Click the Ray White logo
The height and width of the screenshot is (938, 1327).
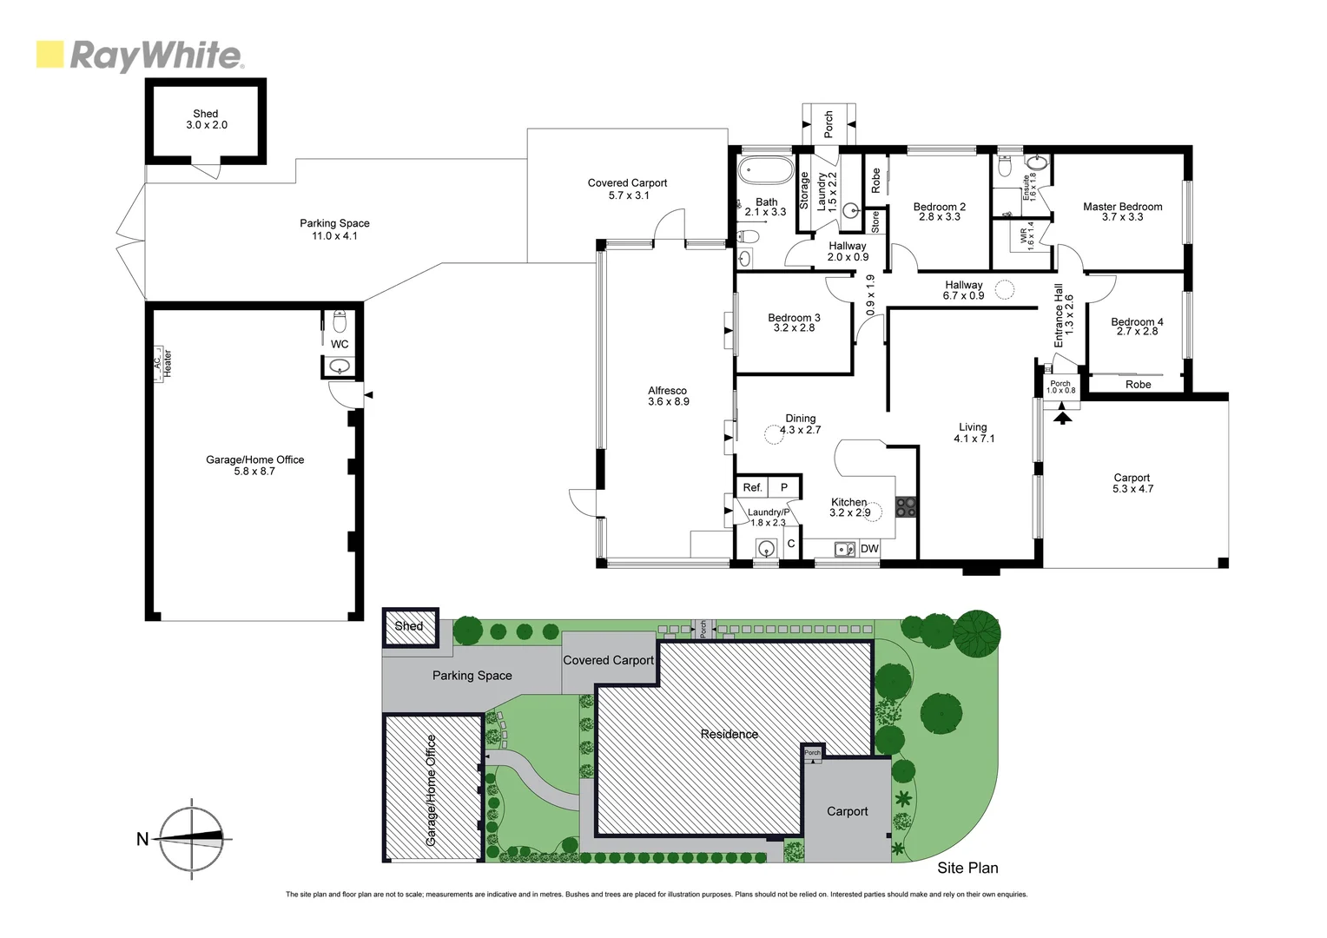click(x=139, y=56)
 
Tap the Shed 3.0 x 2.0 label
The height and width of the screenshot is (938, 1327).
click(x=206, y=119)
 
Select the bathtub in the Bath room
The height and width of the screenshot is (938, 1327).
click(x=765, y=169)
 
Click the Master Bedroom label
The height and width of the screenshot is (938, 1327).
click(x=1122, y=211)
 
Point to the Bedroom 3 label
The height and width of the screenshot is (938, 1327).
click(x=794, y=322)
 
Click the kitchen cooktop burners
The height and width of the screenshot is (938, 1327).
click(x=906, y=506)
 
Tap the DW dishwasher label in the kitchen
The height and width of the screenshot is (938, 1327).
click(x=869, y=548)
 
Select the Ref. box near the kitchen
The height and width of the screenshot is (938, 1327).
click(x=752, y=487)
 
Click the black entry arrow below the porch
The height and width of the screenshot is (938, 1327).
click(x=1062, y=418)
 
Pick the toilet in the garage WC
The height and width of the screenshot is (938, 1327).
click(x=340, y=322)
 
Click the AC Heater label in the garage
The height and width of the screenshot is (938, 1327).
click(x=162, y=362)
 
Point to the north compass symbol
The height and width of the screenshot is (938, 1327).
click(x=192, y=838)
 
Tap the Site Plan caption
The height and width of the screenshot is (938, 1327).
click(x=967, y=868)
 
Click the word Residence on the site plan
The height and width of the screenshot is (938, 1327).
click(x=729, y=734)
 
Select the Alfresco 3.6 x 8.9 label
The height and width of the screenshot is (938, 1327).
click(x=668, y=396)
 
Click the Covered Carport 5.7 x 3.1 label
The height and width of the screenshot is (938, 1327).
click(x=627, y=188)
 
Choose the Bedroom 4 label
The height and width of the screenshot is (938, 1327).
click(x=1137, y=326)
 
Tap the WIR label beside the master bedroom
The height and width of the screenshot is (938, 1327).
click(x=1027, y=235)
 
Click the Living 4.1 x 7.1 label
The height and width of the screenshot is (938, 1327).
click(x=974, y=433)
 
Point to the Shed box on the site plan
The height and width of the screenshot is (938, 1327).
click(x=410, y=627)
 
